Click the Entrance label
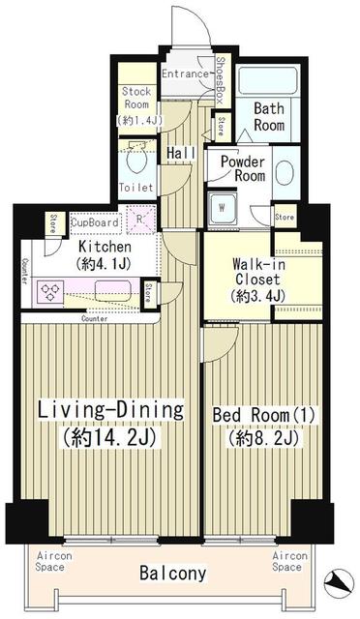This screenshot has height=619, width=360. tap(185, 74)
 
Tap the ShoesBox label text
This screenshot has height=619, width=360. tap(220, 79)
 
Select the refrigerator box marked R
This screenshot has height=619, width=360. tap(142, 220)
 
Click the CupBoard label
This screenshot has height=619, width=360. tap(95, 221)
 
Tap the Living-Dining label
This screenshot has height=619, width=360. tap(110, 410)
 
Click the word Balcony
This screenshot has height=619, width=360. tap(172, 574)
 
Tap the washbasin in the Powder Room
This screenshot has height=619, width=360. tap(285, 173)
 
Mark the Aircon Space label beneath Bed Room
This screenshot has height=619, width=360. tap(289, 562)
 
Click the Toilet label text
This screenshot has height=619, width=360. tap(135, 187)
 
